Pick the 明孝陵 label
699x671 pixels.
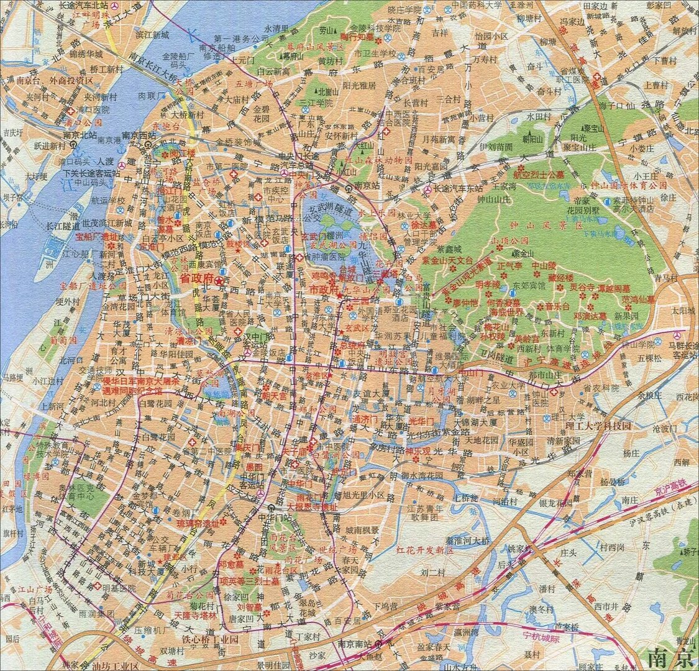[x=487, y=284]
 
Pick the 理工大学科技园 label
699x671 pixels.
[x=598, y=426]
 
